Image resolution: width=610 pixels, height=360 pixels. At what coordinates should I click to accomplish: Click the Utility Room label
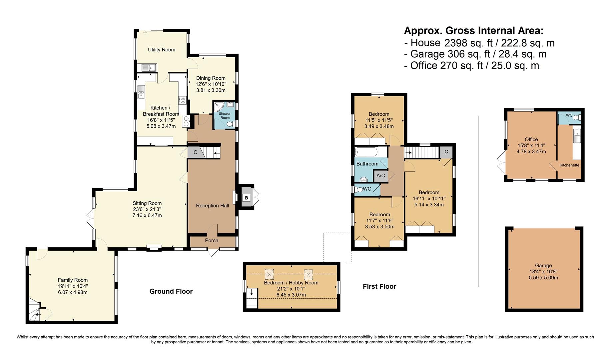pos(162,50)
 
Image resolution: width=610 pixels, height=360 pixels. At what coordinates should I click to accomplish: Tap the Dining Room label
pos(211,78)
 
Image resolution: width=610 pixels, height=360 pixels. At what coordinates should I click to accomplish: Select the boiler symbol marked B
pos(247,198)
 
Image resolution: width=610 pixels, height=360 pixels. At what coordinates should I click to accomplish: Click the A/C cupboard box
pos(380,176)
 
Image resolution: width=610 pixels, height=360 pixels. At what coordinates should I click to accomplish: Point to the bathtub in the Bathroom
pos(366,152)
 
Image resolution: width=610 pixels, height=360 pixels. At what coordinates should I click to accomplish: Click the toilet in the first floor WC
pos(359,189)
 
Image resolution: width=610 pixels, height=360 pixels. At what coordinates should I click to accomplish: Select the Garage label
pos(543,266)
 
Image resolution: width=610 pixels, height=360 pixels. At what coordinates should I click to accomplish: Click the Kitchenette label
pos(569,165)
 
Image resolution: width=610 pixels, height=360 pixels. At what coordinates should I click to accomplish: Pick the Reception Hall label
pos(212,206)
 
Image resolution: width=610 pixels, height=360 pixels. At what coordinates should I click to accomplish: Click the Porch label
pos(212,240)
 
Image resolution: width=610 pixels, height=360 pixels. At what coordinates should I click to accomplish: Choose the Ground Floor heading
pos(171,291)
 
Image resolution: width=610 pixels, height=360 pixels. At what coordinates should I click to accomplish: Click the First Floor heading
pos(379,286)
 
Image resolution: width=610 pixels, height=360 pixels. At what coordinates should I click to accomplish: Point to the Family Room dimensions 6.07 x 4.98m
pos(73,292)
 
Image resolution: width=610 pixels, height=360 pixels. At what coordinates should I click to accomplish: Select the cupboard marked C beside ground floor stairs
pos(196,152)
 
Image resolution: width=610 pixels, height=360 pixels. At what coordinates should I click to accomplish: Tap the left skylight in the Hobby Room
pos(269,274)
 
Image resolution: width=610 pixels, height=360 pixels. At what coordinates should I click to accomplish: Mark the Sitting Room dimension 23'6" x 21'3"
pos(147,209)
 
